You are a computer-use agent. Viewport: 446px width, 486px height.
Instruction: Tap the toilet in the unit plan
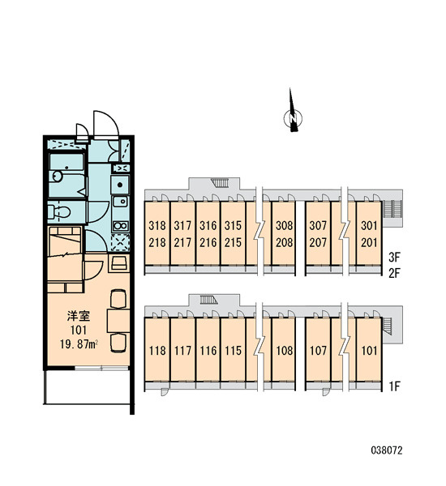click(59, 212)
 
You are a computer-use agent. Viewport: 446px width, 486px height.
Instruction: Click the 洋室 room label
click(79, 316)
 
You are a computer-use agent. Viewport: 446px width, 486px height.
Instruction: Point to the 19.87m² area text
click(79, 344)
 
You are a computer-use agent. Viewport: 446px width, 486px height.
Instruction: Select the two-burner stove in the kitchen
click(121, 226)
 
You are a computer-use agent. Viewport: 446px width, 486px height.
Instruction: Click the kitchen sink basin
click(120, 202)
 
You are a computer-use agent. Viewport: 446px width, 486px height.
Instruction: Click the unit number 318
click(157, 226)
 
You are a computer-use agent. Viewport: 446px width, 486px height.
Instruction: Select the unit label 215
click(233, 242)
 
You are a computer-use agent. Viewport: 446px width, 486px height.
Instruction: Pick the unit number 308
click(285, 226)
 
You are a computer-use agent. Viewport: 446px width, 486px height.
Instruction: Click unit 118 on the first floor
click(157, 351)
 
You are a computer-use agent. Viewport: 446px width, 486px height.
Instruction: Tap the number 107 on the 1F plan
click(318, 351)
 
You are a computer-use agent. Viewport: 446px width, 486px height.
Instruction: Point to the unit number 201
click(369, 242)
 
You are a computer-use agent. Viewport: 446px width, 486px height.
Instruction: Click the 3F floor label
click(394, 257)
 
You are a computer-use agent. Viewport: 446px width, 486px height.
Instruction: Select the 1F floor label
click(394, 386)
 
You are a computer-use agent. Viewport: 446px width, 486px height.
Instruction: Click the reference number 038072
click(387, 450)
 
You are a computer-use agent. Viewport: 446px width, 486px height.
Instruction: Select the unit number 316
click(208, 226)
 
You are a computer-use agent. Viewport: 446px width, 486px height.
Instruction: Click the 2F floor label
click(394, 274)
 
